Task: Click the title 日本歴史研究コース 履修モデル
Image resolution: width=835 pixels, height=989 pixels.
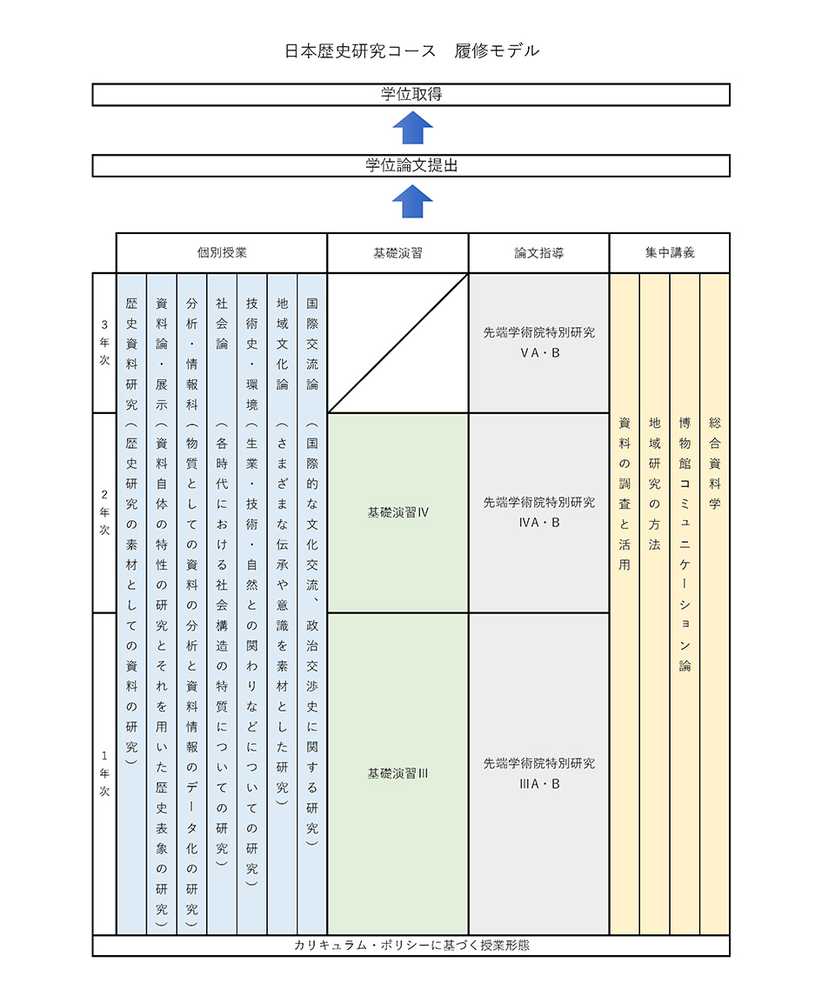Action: tap(412, 50)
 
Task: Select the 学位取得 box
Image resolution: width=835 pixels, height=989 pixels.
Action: tap(411, 94)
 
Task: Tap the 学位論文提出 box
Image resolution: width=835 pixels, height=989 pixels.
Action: tap(411, 165)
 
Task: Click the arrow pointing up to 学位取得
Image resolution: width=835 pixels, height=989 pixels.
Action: tap(412, 130)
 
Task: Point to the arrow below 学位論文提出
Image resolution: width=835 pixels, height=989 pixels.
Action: tap(412, 202)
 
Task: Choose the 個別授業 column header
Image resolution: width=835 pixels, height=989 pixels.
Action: tap(222, 253)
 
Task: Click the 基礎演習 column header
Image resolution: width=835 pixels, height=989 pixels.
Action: tap(397, 253)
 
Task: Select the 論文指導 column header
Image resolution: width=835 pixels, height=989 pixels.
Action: tap(538, 253)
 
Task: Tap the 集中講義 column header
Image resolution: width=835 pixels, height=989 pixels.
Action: tap(670, 253)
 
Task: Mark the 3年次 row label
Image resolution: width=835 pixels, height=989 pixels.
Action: tap(104, 343)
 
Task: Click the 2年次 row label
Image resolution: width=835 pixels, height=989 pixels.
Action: tap(104, 512)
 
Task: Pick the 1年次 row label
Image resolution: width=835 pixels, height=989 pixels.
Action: tap(104, 773)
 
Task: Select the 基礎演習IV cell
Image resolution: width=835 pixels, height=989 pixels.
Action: tap(397, 512)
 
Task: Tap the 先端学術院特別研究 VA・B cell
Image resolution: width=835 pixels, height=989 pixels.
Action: tap(538, 342)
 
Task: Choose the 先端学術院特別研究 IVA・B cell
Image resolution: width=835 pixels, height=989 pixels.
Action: tap(538, 511)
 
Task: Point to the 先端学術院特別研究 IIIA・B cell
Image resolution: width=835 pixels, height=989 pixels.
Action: tap(538, 772)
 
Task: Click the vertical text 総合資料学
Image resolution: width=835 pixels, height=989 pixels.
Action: tap(715, 462)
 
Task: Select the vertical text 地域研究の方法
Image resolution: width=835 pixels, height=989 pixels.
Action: tap(654, 483)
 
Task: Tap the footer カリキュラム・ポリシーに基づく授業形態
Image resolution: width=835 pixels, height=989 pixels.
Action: tap(411, 945)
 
